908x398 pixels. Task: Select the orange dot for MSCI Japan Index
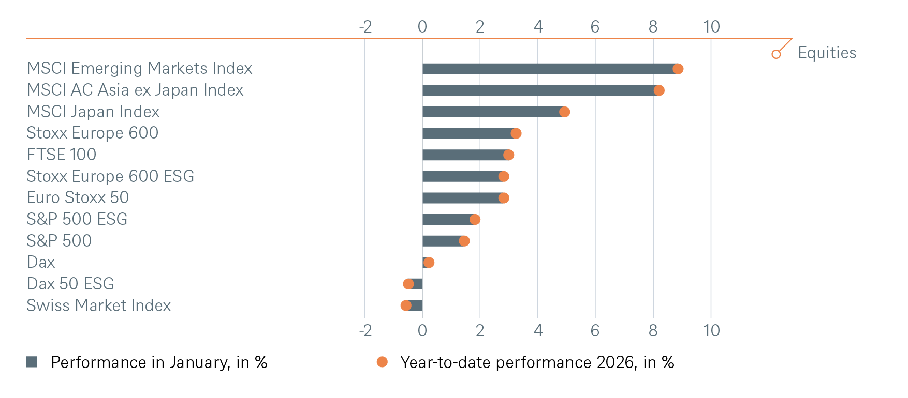click(x=564, y=112)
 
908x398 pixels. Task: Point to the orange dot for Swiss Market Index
click(x=406, y=305)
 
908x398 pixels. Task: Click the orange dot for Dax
click(x=429, y=263)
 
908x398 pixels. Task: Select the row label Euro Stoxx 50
click(x=78, y=197)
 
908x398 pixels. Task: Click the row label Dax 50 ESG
click(x=70, y=284)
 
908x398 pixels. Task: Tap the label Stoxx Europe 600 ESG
click(x=110, y=176)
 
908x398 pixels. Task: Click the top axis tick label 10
click(x=711, y=27)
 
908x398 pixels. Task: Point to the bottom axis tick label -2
click(x=365, y=331)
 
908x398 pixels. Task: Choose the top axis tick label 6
click(x=595, y=27)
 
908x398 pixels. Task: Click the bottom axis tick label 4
click(x=538, y=331)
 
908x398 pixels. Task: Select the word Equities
click(x=827, y=53)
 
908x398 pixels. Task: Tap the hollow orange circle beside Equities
click(x=776, y=54)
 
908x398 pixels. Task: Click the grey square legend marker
click(x=32, y=362)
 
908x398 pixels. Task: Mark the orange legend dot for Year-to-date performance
click(x=382, y=362)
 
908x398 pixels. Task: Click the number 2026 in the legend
click(x=616, y=362)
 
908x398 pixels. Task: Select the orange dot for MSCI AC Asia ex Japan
click(x=658, y=90)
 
